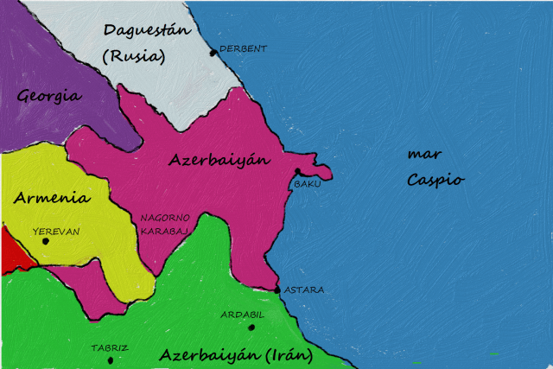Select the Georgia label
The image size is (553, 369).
coord(49,95)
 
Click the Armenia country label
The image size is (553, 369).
coord(52,198)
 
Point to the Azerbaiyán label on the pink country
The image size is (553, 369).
coord(219,160)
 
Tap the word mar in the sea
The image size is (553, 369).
coord(424,155)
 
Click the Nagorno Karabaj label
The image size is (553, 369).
coord(164,224)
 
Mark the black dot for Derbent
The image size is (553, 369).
coord(213,53)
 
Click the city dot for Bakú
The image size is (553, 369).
coord(297,171)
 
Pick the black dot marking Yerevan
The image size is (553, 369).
coord(46,240)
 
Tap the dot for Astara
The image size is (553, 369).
coord(276,290)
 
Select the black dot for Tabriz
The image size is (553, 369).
coord(111,359)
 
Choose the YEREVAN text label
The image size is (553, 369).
coord(55,231)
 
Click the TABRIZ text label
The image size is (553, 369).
coord(110,348)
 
